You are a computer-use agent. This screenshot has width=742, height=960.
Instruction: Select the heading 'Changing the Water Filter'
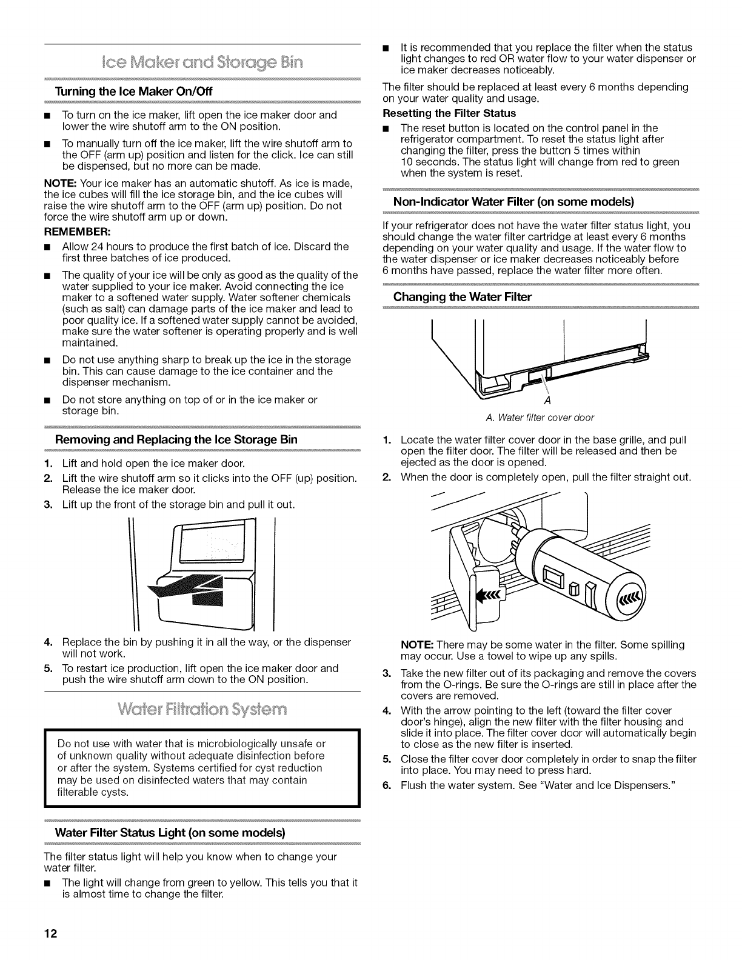[463, 297]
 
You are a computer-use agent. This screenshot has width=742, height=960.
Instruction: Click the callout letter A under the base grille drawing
[547, 402]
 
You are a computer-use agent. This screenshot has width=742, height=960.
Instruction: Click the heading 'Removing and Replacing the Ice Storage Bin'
[176, 439]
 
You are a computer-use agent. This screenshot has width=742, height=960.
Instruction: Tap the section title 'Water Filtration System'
[202, 710]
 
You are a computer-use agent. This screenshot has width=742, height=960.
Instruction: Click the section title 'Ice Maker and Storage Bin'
[202, 62]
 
